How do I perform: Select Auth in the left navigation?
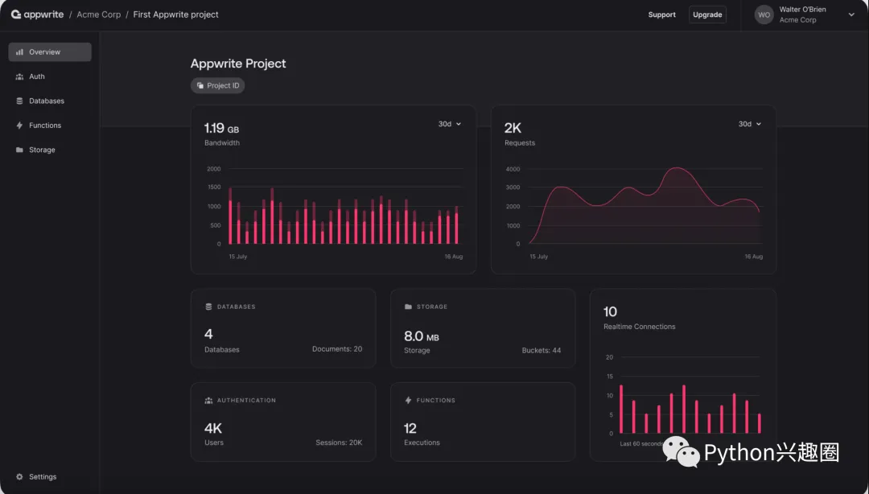(x=36, y=76)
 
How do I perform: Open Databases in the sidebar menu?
(x=46, y=101)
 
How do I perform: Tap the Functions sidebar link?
(x=44, y=126)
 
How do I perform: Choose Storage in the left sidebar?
(x=42, y=150)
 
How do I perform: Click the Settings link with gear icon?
(x=42, y=477)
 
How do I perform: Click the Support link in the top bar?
(x=661, y=14)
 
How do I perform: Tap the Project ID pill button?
(x=217, y=85)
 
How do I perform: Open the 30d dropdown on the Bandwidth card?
(x=450, y=124)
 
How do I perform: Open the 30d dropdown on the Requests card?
(x=750, y=124)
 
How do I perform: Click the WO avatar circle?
(x=764, y=14)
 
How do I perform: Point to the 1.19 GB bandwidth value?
(x=221, y=128)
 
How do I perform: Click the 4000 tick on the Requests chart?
(x=513, y=169)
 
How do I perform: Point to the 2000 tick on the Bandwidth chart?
(x=213, y=169)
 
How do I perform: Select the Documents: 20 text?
(x=337, y=349)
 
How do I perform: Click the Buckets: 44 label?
(x=542, y=351)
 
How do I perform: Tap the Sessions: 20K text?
(x=339, y=443)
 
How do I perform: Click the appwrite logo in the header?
(x=37, y=14)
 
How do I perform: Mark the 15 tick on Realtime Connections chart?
(x=609, y=377)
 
